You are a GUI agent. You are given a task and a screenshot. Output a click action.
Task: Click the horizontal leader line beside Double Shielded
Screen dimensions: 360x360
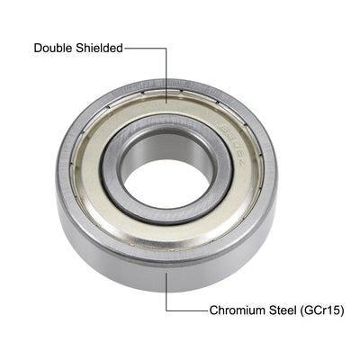144,49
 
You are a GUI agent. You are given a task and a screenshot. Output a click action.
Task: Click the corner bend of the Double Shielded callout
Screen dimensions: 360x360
166,49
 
